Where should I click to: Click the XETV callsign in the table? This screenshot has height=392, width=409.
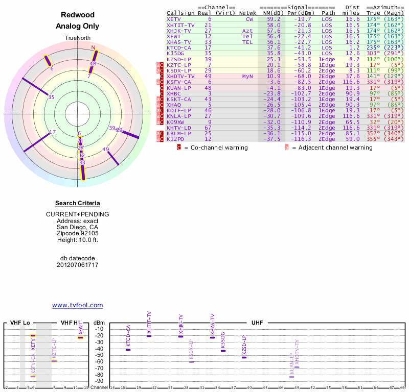coord(174,19)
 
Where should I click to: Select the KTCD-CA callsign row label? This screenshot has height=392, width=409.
coord(178,47)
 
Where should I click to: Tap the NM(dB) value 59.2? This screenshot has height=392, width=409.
coord(273,19)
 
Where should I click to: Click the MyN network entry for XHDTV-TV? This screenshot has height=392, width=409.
coord(247,76)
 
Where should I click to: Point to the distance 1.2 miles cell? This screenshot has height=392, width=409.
coord(355,47)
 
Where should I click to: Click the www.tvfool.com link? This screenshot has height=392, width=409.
coord(78,305)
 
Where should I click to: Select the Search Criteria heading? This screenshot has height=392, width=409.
coord(78,204)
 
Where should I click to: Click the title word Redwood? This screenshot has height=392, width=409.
coord(77,15)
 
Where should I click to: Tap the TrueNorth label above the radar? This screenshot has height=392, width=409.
coord(77,38)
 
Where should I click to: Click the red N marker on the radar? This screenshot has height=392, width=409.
coord(93,47)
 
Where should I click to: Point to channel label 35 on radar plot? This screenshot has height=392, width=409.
coord(51,97)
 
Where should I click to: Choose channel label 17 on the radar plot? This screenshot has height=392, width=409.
coord(52,132)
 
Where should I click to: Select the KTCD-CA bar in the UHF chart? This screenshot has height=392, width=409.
coord(128,350)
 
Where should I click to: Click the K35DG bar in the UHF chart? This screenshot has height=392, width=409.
coord(223,351)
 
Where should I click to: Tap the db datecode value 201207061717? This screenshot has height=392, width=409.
coord(78,265)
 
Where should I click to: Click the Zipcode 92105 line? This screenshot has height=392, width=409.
coord(78,233)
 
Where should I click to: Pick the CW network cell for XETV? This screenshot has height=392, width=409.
coord(249,19)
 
